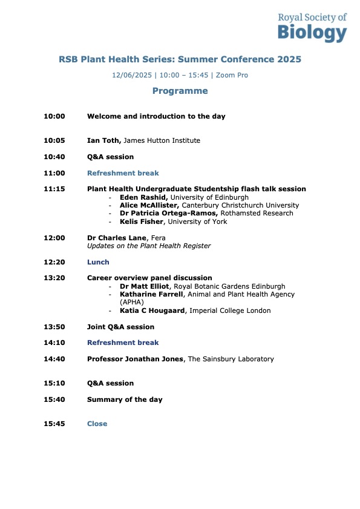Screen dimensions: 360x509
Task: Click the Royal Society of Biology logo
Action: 312,27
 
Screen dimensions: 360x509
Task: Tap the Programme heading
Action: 180,91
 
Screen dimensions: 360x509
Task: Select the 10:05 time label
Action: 54,140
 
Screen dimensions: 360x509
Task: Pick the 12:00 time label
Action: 54,238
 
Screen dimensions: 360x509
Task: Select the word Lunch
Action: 98,262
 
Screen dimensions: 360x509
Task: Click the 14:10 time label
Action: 54,343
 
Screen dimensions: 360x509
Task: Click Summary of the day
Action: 125,399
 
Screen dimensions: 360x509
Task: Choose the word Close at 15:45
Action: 97,424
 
